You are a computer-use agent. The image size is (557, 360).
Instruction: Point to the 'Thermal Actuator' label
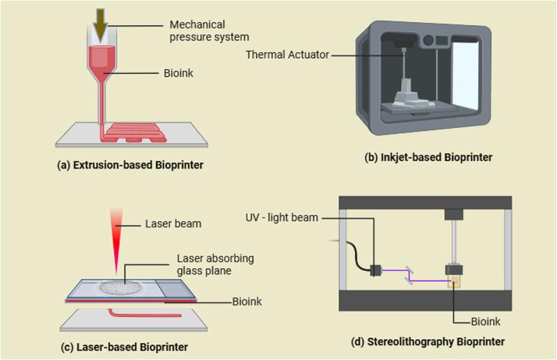(x=287, y=54)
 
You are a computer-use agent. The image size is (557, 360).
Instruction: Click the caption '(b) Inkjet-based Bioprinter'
(x=428, y=157)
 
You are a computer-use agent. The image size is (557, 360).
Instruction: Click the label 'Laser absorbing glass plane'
(x=215, y=265)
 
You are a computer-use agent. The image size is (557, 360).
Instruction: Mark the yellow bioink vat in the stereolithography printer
(x=455, y=283)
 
